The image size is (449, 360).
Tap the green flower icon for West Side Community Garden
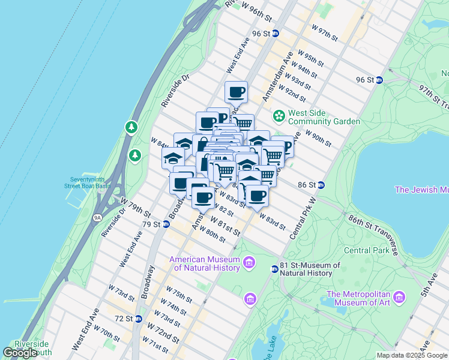click(279, 115)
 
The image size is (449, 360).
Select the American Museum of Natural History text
click(204, 264)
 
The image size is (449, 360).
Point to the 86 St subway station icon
click(321, 185)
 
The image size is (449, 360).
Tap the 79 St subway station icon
click(166, 224)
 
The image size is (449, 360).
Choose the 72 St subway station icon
click(139, 319)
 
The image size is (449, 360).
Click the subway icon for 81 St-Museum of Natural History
click(274, 269)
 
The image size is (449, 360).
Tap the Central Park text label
click(367, 250)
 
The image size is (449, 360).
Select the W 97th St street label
click(325, 32)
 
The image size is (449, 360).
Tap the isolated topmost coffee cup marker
click(236, 92)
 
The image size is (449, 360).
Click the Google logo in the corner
click(20, 353)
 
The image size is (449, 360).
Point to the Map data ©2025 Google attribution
click(412, 355)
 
